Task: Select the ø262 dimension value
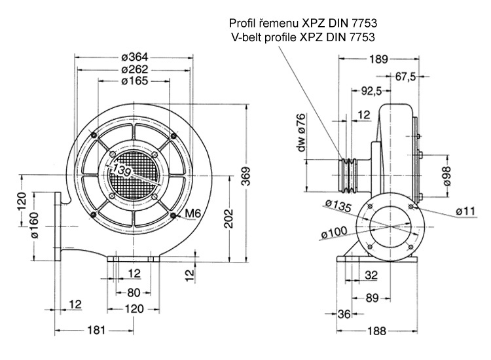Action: [x=134, y=69]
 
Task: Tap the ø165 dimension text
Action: [x=134, y=81]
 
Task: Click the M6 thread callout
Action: [x=192, y=213]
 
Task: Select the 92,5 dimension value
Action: [x=371, y=91]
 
